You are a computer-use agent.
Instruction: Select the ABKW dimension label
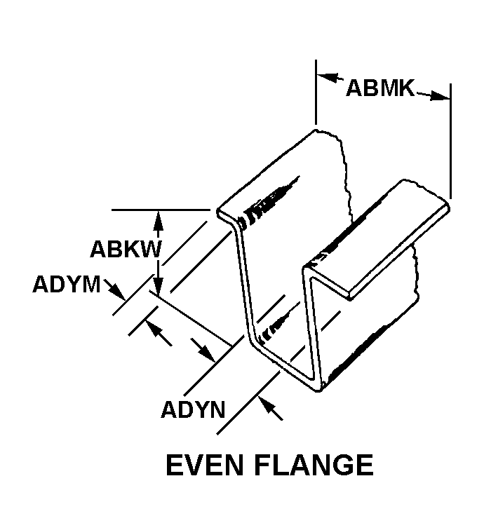(126, 250)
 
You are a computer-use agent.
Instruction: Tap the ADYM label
(66, 286)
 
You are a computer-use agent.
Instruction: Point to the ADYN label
(193, 409)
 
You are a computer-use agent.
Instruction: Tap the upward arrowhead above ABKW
(159, 218)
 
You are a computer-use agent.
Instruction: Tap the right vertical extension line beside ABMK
(450, 140)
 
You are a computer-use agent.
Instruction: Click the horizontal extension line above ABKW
(161, 209)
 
